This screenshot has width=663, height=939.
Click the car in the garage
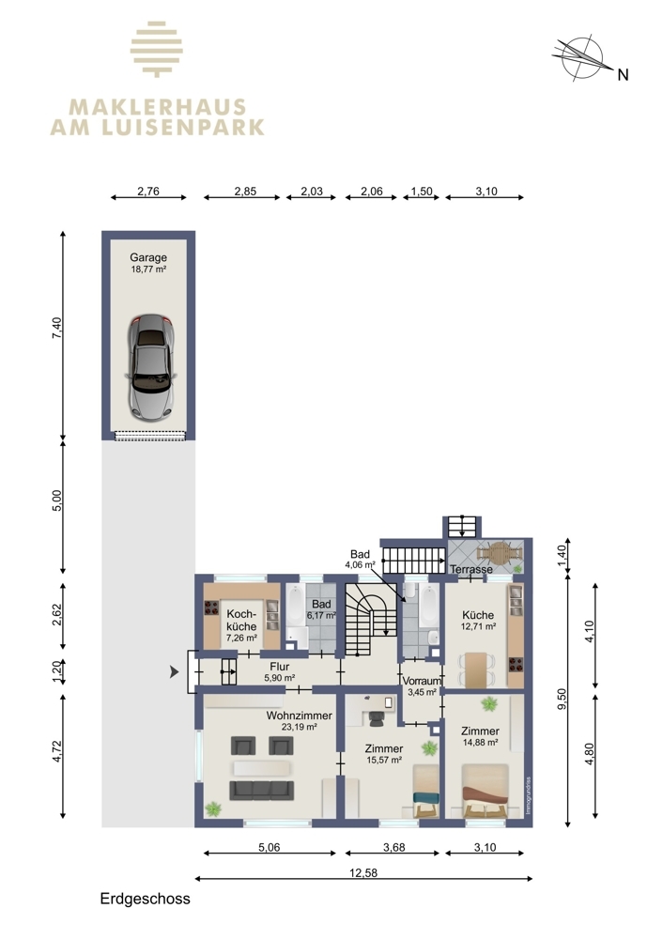click(x=150, y=367)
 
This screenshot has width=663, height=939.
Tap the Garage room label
click(x=148, y=257)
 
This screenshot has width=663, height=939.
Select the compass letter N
click(x=623, y=75)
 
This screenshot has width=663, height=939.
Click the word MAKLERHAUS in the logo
click(x=158, y=108)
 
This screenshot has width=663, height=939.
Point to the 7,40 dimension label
click(x=57, y=328)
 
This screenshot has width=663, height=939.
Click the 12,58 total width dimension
click(x=363, y=872)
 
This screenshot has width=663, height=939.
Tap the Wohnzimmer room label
click(x=300, y=716)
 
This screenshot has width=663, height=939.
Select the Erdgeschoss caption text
click(x=145, y=899)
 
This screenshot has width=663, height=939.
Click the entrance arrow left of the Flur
click(x=175, y=672)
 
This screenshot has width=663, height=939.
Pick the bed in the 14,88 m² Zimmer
click(x=486, y=791)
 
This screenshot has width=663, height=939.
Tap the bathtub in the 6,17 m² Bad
click(x=296, y=606)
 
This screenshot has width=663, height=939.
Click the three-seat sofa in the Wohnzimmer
click(x=262, y=791)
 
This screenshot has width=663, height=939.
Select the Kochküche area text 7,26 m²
click(x=241, y=639)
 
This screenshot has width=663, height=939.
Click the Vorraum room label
click(x=422, y=681)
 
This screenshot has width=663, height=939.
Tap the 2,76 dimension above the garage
click(x=148, y=192)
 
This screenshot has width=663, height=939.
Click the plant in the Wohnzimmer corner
click(x=212, y=809)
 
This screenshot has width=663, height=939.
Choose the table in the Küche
click(x=477, y=670)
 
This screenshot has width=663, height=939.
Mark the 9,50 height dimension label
click(x=562, y=700)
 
